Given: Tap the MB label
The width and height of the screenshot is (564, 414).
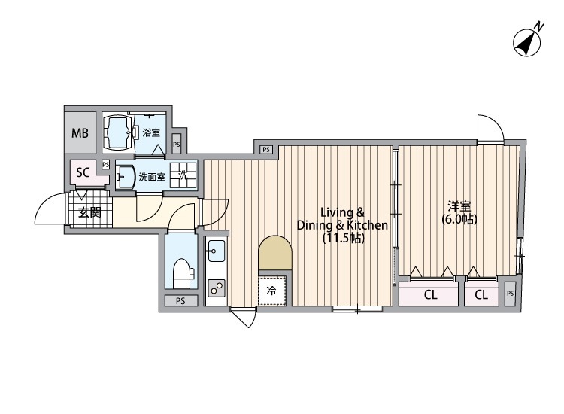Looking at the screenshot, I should [79, 134].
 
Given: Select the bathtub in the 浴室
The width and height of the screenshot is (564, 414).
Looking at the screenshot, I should [116, 132].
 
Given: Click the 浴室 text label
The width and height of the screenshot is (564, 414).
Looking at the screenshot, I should [151, 132].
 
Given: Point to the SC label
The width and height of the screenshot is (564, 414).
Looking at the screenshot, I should [83, 172].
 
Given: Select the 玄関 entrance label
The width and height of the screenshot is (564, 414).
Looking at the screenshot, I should [89, 212].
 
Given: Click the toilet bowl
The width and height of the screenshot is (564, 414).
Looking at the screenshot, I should [180, 272].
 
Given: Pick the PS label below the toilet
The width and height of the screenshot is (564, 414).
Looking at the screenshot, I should [180, 301].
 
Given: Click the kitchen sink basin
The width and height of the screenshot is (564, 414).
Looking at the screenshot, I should [215, 250].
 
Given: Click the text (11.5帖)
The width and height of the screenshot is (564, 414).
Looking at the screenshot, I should [343, 239].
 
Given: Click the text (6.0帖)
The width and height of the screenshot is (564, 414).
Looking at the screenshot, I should [459, 220].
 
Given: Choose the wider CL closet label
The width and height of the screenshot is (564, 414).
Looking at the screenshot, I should [430, 295].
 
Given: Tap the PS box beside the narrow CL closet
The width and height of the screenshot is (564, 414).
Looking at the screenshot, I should [510, 294].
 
